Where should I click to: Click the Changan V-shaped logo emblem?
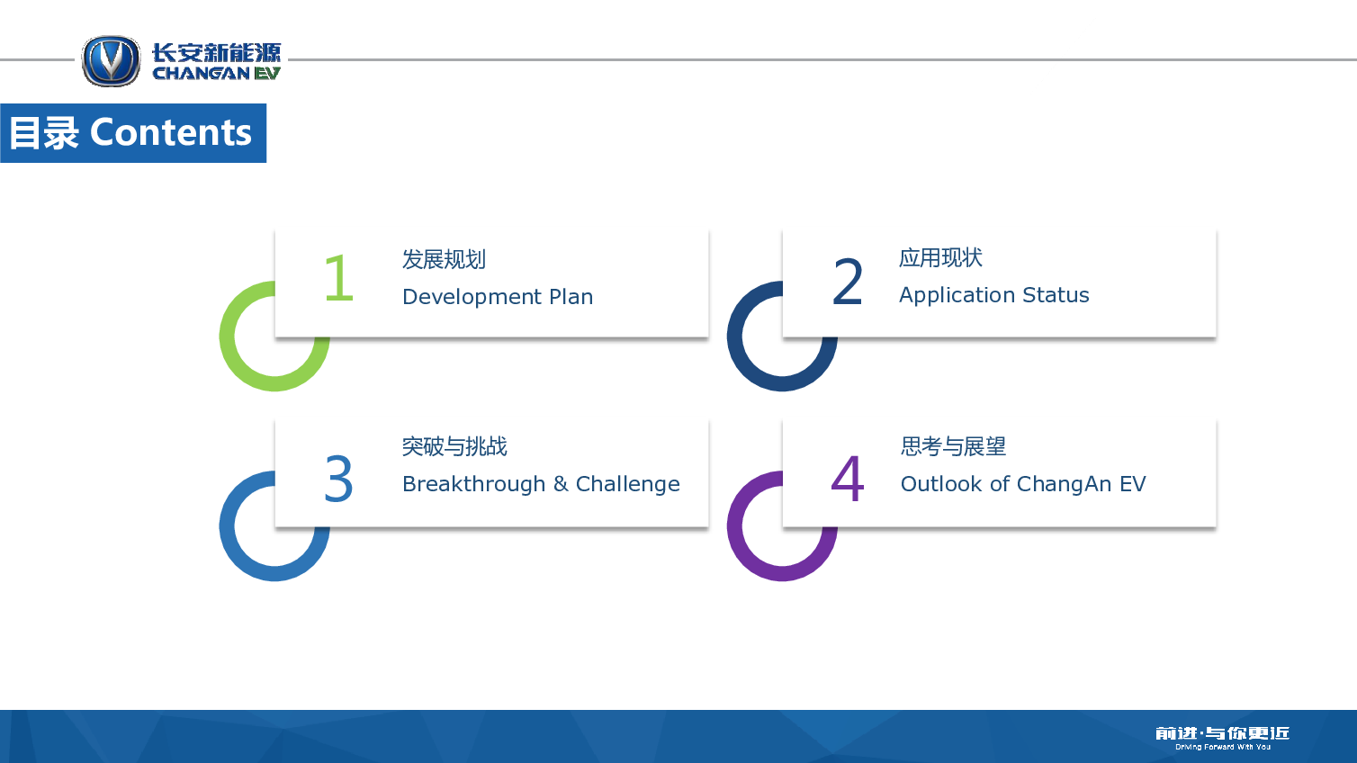coord(111,60)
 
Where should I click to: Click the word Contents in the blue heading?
coord(171,132)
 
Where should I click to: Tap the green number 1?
coord(338,278)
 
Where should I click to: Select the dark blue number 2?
coord(847,282)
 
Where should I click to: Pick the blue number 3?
coord(338,479)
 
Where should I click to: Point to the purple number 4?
coord(847,479)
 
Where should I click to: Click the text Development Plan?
coord(498,297)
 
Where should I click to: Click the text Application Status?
coord(994,295)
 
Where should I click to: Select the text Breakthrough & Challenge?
coord(541,484)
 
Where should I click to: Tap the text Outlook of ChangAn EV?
coord(1023,484)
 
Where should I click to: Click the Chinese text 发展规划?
coord(444,259)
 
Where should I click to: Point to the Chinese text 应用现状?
coord(941,257)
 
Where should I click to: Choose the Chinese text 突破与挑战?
coord(454,446)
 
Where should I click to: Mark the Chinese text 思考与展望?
coord(953,446)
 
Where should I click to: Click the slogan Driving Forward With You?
coord(1223,748)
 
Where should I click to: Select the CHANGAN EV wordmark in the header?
coord(216,73)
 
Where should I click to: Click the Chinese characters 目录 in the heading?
coord(44,133)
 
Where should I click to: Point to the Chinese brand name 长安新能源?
coord(216,53)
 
